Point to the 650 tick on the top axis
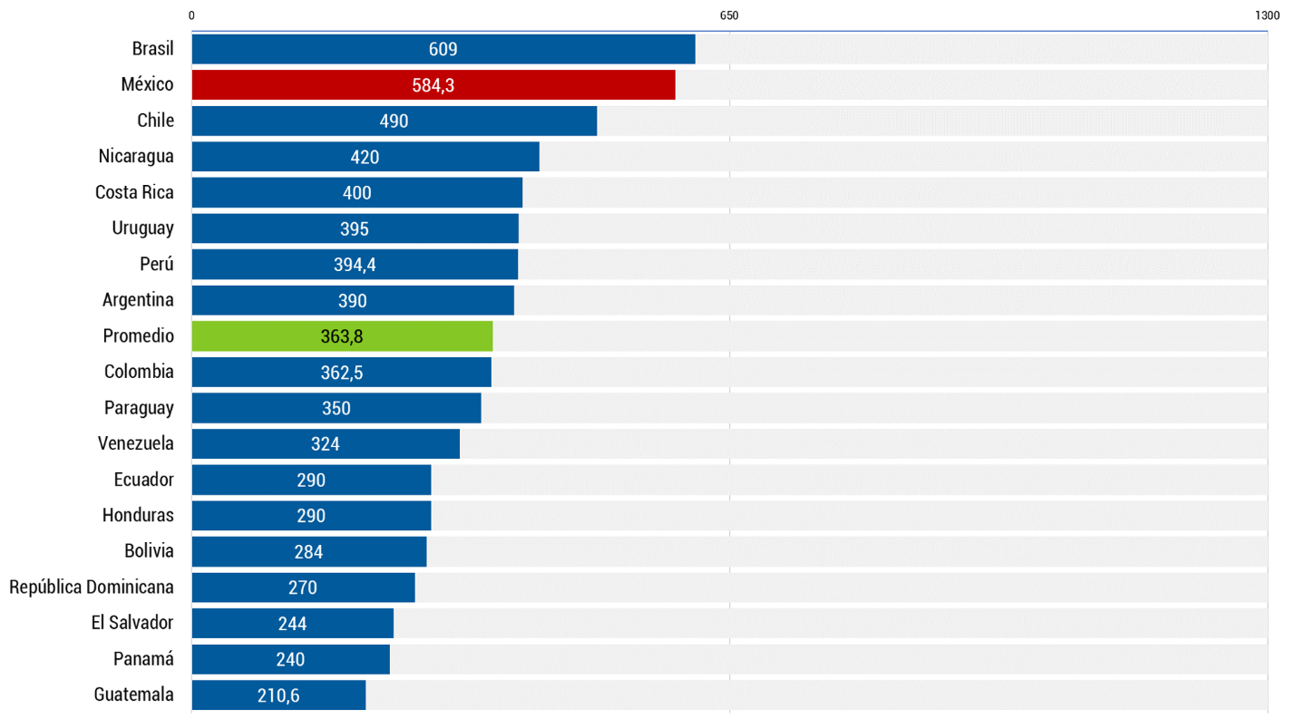729,15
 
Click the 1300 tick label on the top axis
1267,15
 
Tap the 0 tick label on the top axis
191,15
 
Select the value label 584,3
433,85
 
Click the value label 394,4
355,265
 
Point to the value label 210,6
277,696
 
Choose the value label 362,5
342,373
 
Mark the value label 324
325,444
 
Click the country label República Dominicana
92,587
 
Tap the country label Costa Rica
134,192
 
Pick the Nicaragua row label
136,157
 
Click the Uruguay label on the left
143,228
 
